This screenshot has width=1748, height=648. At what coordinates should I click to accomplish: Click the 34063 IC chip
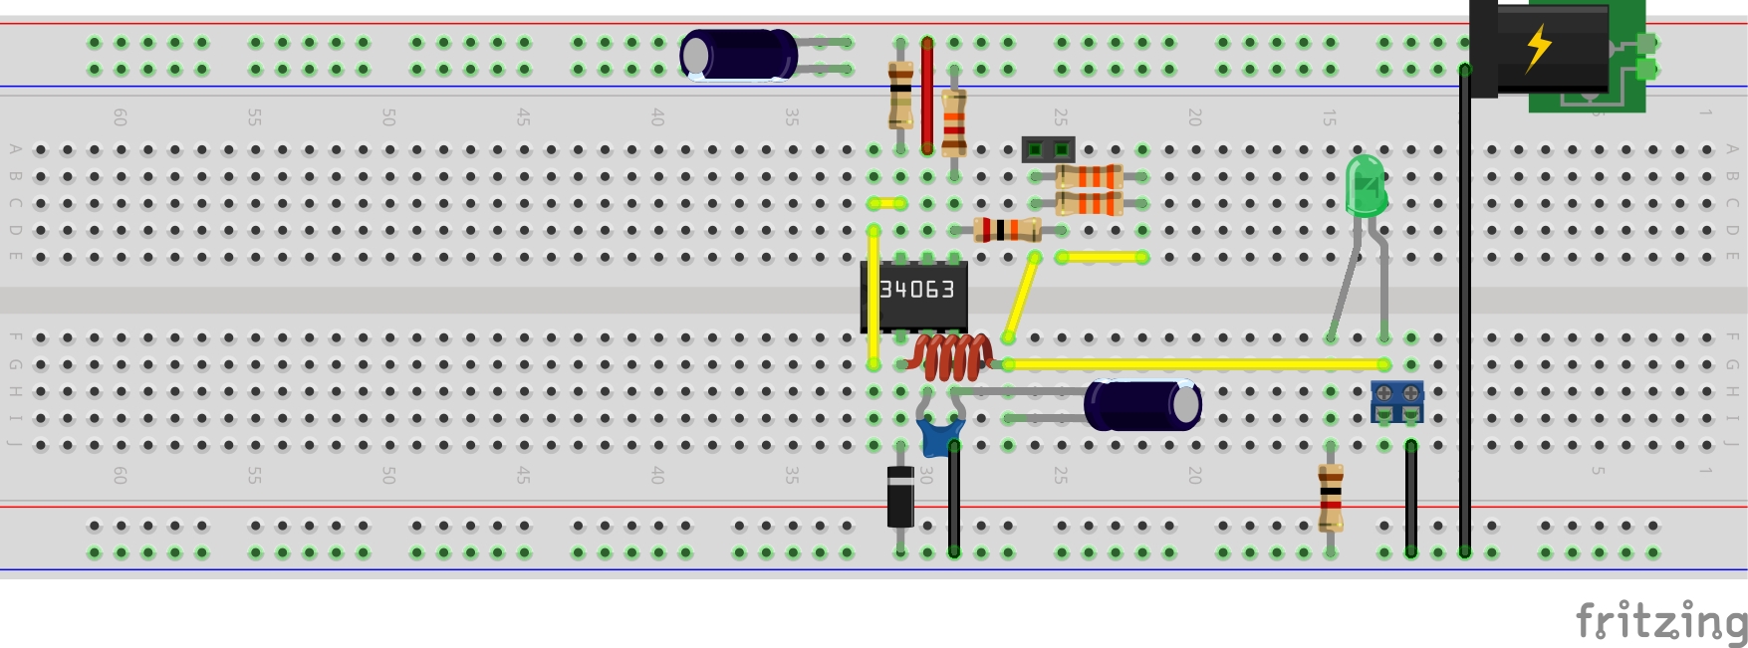tap(914, 295)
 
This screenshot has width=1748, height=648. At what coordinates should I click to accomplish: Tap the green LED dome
tap(1366, 185)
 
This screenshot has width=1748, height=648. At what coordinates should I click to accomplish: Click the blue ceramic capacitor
tap(939, 436)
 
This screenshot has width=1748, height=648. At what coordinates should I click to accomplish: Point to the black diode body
tap(900, 497)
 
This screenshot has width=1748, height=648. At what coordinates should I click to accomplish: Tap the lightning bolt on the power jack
tap(1539, 46)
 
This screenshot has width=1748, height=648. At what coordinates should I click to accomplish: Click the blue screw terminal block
tap(1396, 401)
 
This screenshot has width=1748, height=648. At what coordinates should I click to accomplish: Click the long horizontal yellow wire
tap(1195, 364)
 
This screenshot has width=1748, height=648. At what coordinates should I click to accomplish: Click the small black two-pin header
tap(1048, 150)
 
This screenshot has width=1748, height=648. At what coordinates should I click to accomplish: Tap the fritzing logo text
tap(1660, 622)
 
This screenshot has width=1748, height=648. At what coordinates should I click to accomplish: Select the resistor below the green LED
tap(1331, 497)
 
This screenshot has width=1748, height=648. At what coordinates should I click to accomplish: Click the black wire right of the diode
tap(954, 498)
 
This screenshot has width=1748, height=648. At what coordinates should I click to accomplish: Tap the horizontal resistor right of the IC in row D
tap(1007, 230)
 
